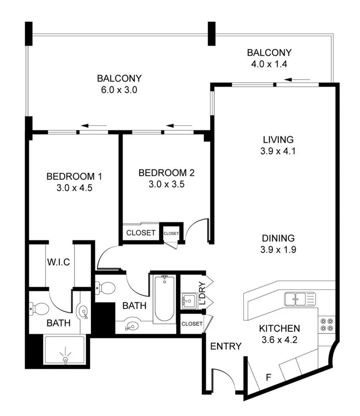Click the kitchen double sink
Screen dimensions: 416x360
tap(300, 299)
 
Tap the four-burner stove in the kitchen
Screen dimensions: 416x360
tap(326, 324)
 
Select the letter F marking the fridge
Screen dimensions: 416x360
tap(269, 377)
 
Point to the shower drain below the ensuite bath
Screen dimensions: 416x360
tap(66, 359)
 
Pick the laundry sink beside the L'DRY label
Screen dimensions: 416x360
tap(189, 300)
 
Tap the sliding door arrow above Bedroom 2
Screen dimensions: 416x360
tap(176, 126)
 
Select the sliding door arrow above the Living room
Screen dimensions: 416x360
tap(297, 80)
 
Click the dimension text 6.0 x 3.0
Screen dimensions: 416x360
tap(119, 91)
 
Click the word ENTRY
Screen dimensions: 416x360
tap(226, 346)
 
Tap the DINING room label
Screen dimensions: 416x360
tap(278, 239)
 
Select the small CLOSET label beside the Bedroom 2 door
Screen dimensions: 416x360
tap(171, 234)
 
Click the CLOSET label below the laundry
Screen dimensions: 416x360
tap(191, 324)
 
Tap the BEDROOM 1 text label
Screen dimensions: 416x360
tap(74, 177)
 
